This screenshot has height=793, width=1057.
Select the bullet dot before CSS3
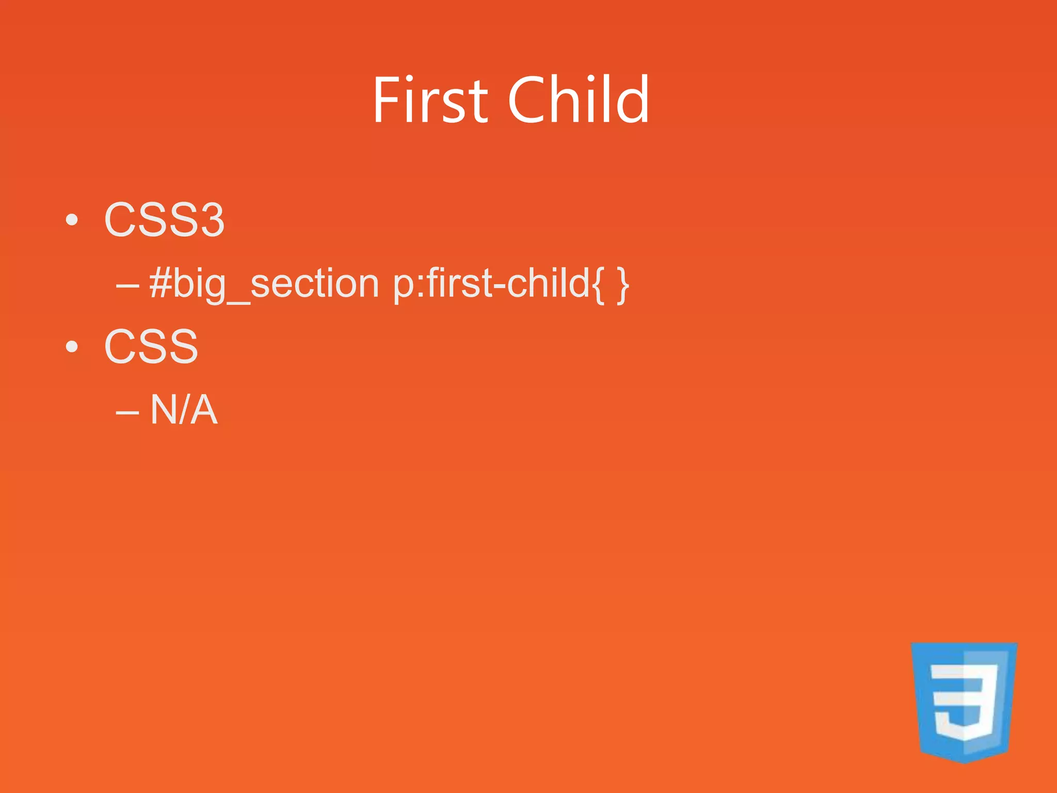72,220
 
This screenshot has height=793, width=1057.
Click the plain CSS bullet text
151,347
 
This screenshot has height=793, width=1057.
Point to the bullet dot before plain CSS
72,347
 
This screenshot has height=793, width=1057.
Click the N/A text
184,410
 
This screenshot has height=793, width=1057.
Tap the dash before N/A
127,413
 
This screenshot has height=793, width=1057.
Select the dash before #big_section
127,286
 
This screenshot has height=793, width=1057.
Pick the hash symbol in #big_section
160,283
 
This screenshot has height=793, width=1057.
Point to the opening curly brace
598,286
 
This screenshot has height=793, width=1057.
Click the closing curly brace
623,286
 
